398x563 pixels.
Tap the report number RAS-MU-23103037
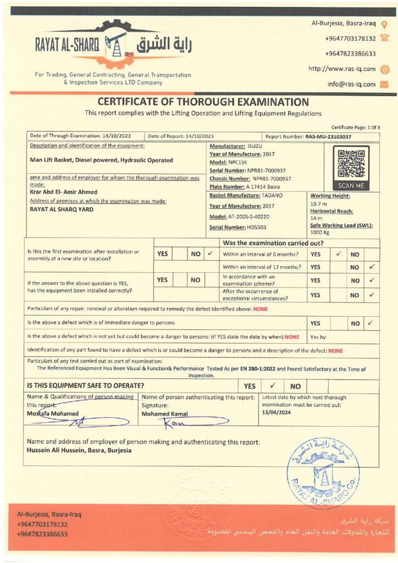pyautogui.click(x=328, y=136)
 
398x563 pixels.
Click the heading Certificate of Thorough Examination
pyautogui.click(x=203, y=102)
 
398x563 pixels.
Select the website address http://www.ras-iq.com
pyautogui.click(x=342, y=69)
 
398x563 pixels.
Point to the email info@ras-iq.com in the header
pyautogui.click(x=351, y=84)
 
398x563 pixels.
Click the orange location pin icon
pyautogui.click(x=384, y=24)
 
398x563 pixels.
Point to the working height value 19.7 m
pyautogui.click(x=318, y=203)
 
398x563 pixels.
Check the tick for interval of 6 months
pyautogui.click(x=339, y=254)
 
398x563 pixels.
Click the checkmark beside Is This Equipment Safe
pyautogui.click(x=272, y=386)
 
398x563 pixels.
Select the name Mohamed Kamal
pyautogui.click(x=164, y=414)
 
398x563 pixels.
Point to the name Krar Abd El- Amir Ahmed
pyautogui.click(x=63, y=192)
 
